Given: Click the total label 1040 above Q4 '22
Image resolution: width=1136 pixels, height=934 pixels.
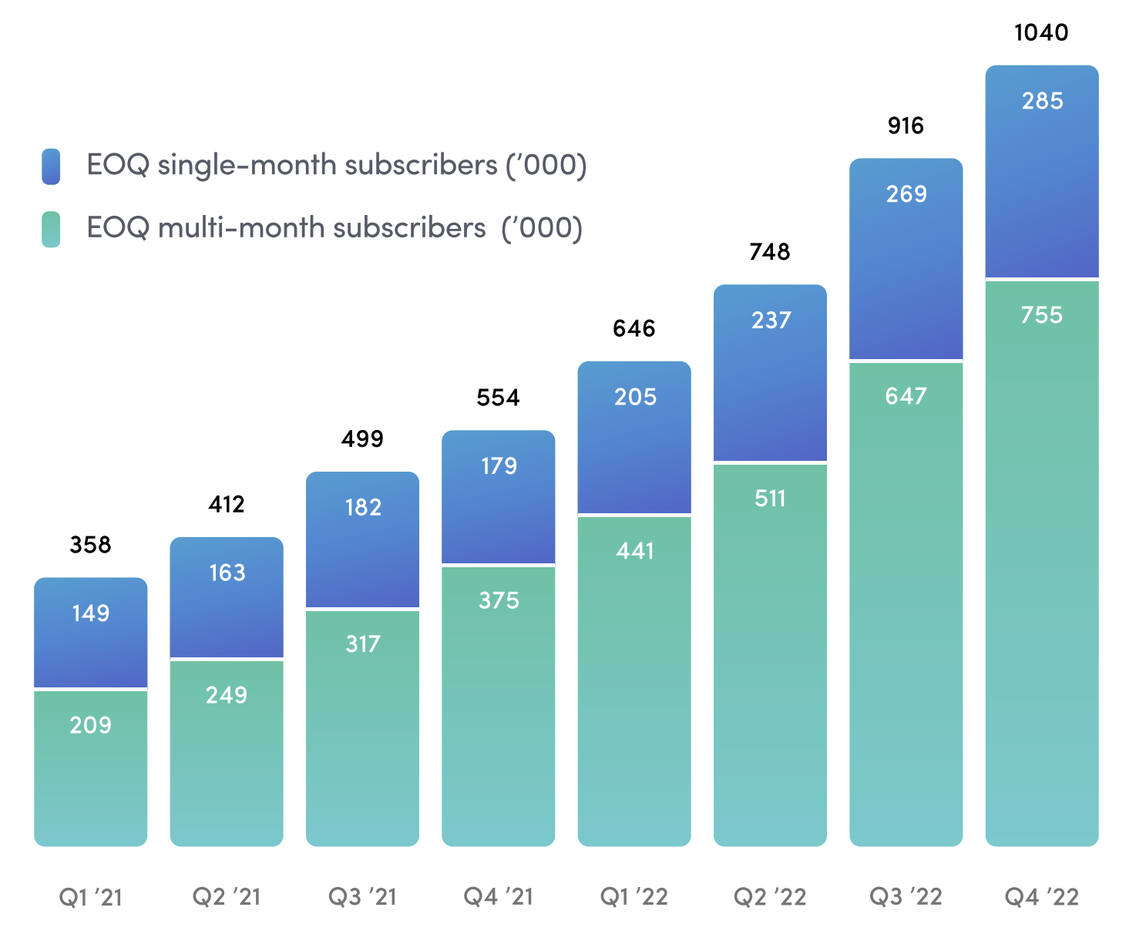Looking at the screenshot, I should tap(1041, 32).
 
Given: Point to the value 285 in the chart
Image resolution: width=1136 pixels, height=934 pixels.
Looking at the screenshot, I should tap(1042, 101).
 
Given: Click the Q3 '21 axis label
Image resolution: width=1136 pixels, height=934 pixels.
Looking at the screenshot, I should tap(362, 897).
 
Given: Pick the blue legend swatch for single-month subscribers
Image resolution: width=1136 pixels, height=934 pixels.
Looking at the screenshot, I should tap(51, 166).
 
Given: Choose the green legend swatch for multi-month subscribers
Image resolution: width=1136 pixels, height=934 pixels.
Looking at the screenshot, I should tap(51, 229).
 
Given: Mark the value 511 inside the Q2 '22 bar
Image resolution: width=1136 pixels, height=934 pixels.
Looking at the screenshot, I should tap(770, 499).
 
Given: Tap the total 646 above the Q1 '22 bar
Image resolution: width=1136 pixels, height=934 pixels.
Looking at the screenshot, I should tap(634, 329).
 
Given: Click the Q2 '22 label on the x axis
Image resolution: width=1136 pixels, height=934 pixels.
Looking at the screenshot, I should tap(770, 897).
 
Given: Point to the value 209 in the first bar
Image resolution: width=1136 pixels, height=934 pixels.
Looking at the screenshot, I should tap(90, 725).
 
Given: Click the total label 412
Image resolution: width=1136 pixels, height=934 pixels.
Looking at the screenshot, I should tap(227, 505).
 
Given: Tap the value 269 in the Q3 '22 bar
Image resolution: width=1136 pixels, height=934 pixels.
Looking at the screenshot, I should tap(906, 194).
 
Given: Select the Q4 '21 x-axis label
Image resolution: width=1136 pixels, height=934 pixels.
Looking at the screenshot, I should tap(498, 897).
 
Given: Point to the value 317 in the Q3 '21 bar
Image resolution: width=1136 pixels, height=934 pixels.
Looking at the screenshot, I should tap(362, 644).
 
